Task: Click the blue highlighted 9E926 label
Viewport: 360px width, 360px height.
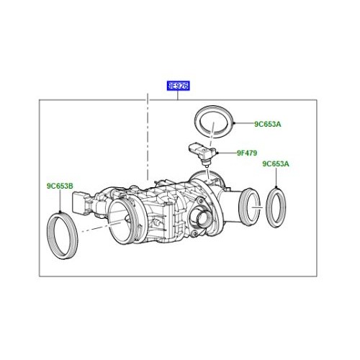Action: pos(177,86)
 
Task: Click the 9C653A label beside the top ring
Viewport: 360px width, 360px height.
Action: pos(267,125)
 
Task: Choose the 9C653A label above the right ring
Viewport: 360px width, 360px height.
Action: pos(276,164)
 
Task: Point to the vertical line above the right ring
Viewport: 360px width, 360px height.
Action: pos(276,178)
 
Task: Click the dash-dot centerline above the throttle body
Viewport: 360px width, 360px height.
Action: pos(148,137)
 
